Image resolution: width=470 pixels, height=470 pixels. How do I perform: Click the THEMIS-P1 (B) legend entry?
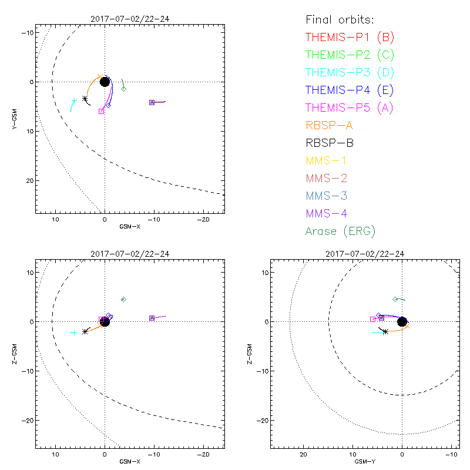pyautogui.click(x=350, y=38)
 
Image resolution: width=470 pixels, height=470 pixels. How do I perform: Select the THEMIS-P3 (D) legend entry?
pyautogui.click(x=350, y=73)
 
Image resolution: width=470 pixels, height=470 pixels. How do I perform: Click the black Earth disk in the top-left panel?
pyautogui.click(x=105, y=81)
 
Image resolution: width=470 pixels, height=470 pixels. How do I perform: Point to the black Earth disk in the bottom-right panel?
pyautogui.click(x=402, y=321)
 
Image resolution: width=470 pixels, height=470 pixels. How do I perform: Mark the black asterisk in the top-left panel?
pyautogui.click(x=85, y=99)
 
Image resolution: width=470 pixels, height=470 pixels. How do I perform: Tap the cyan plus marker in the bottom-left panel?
pyautogui.click(x=74, y=333)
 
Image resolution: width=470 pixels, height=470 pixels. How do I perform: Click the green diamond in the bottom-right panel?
pyautogui.click(x=395, y=299)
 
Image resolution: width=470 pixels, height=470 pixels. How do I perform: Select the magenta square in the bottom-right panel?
pyautogui.click(x=373, y=319)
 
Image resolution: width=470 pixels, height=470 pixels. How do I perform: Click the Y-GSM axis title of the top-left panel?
pyautogui.click(x=16, y=118)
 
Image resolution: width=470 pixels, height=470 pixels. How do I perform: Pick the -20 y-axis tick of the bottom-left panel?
pyautogui.click(x=27, y=420)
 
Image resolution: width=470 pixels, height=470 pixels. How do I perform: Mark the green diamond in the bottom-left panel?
pyautogui.click(x=123, y=299)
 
